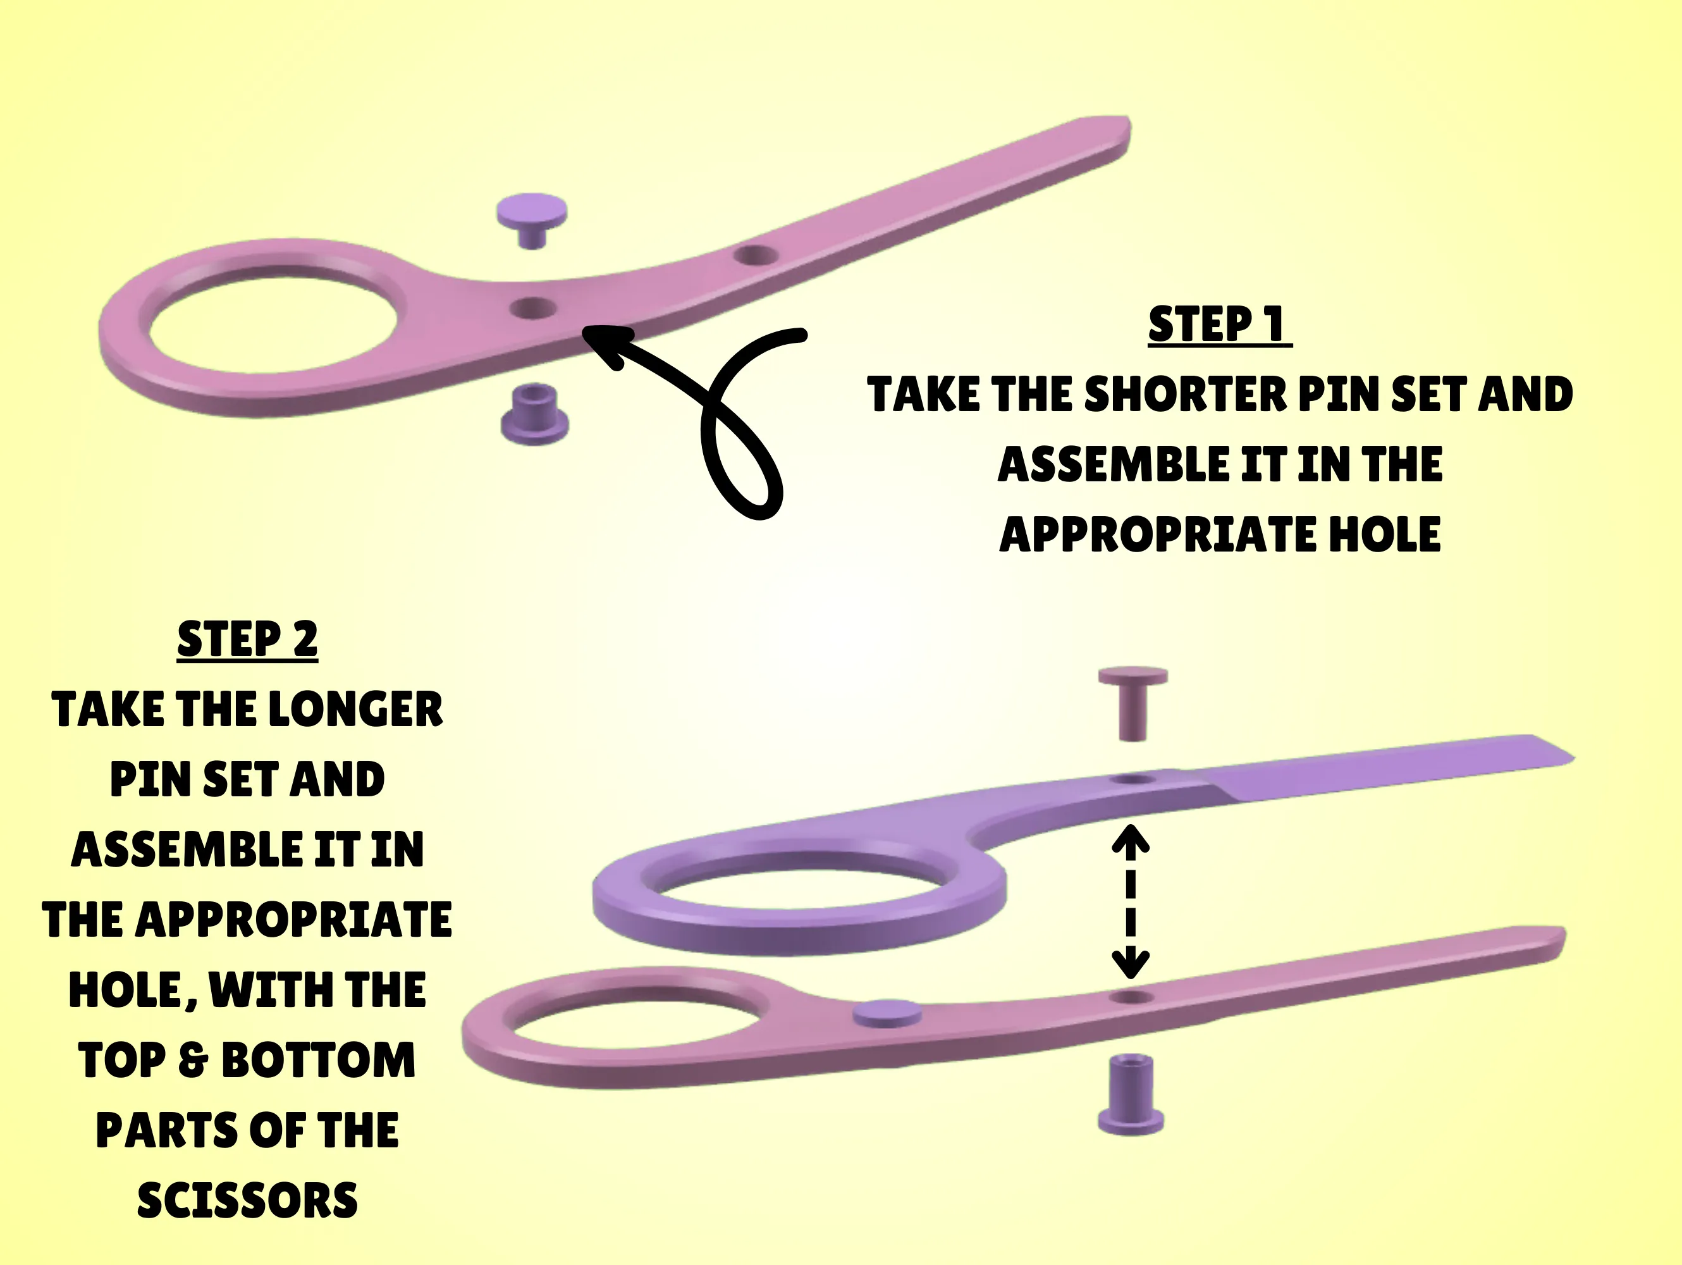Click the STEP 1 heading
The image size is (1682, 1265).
click(x=1219, y=325)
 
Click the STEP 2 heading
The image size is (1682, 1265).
click(x=247, y=639)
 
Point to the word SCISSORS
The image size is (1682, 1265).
click(x=247, y=1200)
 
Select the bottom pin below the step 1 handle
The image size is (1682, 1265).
click(x=534, y=414)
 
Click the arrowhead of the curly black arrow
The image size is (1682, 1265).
click(x=601, y=342)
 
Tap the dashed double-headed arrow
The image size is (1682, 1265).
click(x=1131, y=902)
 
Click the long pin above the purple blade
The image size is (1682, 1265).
click(x=1133, y=701)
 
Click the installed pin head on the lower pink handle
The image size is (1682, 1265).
click(x=887, y=1013)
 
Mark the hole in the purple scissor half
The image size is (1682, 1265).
click(x=1133, y=780)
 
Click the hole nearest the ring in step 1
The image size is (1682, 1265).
click(x=533, y=308)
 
